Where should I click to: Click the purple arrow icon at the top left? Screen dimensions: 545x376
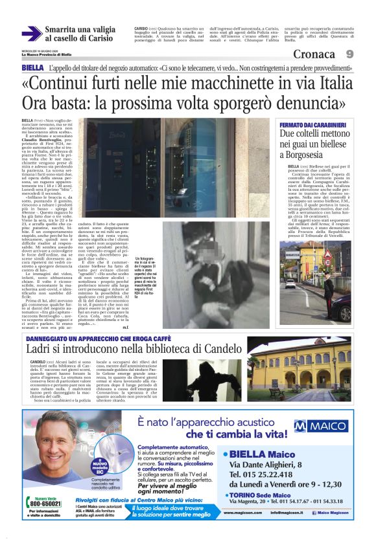(x=32, y=33)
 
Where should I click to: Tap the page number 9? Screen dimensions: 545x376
(x=349, y=54)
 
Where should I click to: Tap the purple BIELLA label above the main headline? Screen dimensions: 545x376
(x=32, y=68)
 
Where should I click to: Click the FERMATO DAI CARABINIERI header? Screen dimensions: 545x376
(x=312, y=124)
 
